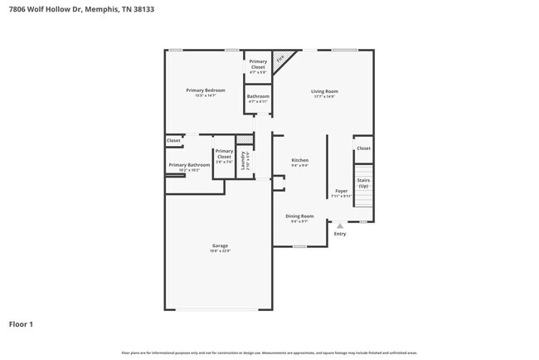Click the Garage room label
tap(220, 246)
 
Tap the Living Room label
tap(324, 91)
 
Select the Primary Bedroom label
tap(206, 90)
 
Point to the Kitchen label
tap(299, 159)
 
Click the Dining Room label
tap(299, 216)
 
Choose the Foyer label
tap(341, 191)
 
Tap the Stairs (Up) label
tap(363, 182)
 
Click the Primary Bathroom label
tap(189, 165)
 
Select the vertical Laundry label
tap(242, 159)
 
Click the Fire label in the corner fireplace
tap(280, 59)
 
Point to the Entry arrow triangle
tap(339, 225)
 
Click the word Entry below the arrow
tap(340, 234)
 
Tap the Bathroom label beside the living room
tap(258, 96)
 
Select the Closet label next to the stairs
tap(363, 148)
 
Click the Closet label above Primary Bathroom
tap(173, 141)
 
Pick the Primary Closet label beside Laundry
tap(224, 154)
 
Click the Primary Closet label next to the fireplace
tap(258, 64)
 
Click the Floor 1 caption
tap(21, 324)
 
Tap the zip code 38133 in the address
tap(139, 9)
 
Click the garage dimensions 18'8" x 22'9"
tap(220, 251)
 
